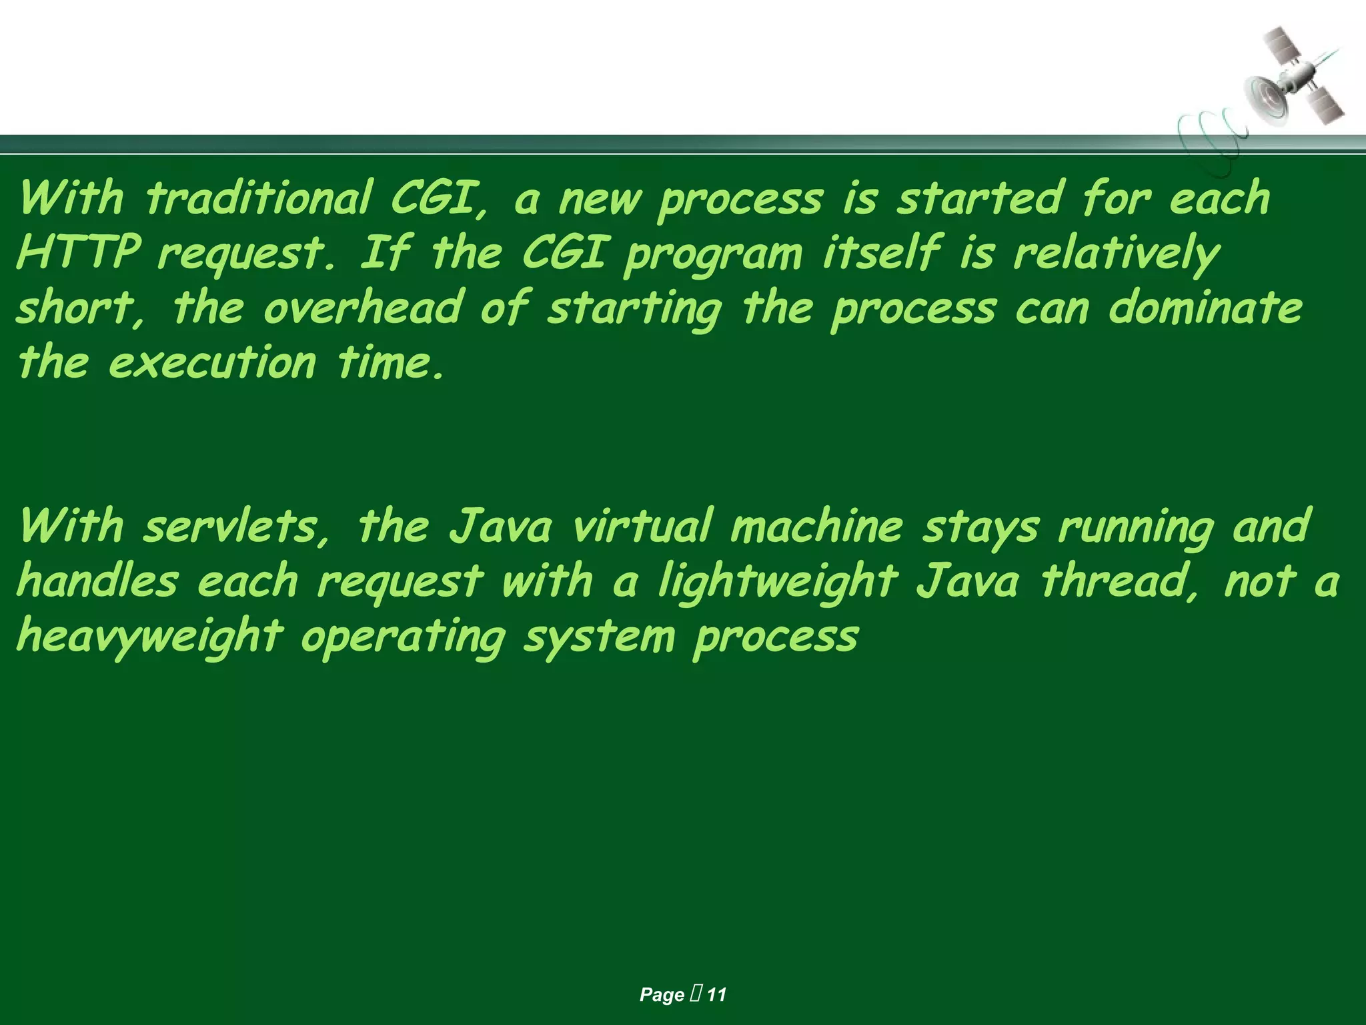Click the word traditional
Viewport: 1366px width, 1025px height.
(x=259, y=198)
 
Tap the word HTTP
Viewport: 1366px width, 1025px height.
(x=79, y=253)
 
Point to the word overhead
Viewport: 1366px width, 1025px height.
(x=363, y=308)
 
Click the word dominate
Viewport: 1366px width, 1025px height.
(x=1205, y=308)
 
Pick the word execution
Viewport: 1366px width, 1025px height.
(x=212, y=363)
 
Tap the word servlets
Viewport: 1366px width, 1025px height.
(x=237, y=526)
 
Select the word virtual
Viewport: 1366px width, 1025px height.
(x=643, y=526)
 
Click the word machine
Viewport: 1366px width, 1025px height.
(x=816, y=526)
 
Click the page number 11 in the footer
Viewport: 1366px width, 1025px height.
(x=716, y=994)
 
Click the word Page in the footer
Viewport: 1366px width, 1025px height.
(x=662, y=994)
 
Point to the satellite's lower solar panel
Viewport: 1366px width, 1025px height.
(x=1325, y=105)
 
